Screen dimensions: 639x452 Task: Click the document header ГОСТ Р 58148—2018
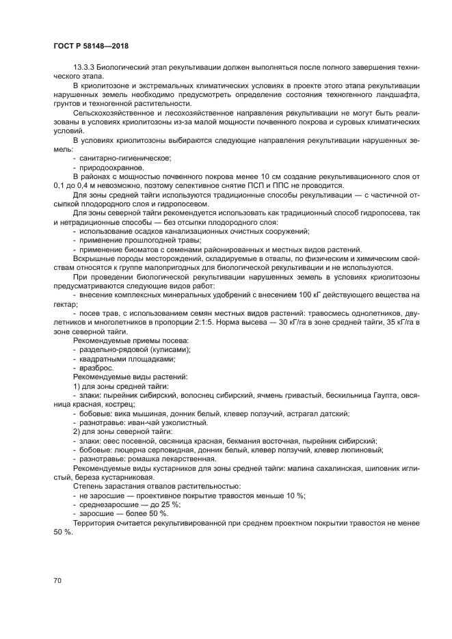(91, 46)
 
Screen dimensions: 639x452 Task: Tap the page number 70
(57, 580)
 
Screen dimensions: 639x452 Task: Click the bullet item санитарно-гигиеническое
(118, 158)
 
